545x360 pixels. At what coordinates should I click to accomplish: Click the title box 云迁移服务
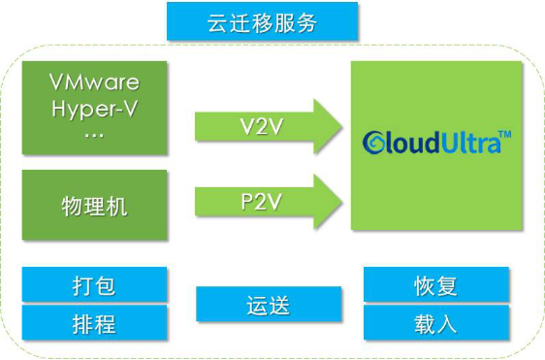point(263,21)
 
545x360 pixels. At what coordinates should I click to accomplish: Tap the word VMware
point(94,82)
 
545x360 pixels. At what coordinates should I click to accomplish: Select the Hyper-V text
point(94,109)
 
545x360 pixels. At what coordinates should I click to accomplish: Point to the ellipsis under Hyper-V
point(94,136)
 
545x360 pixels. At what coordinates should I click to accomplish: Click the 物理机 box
point(94,205)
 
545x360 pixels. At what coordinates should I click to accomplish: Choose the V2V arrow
point(269,126)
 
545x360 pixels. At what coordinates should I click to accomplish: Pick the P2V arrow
point(269,202)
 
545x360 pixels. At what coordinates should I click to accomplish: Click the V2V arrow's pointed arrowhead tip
point(341,126)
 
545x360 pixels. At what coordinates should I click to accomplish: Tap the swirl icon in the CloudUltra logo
point(373,143)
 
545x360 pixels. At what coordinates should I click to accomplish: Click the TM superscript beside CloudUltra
point(504,134)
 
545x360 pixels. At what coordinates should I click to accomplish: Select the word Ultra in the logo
point(469,142)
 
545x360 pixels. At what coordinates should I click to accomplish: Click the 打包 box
point(94,284)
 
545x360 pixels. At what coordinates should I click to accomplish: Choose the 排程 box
point(94,322)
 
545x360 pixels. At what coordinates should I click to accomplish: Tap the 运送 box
point(269,304)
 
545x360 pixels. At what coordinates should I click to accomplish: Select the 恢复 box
point(436,284)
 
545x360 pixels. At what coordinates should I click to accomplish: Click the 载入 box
point(436,322)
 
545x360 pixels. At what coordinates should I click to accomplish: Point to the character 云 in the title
point(218,23)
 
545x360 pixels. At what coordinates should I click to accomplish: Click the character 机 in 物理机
point(116,207)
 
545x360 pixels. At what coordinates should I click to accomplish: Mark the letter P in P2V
point(246,201)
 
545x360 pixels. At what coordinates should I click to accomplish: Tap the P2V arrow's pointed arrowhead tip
point(341,202)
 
